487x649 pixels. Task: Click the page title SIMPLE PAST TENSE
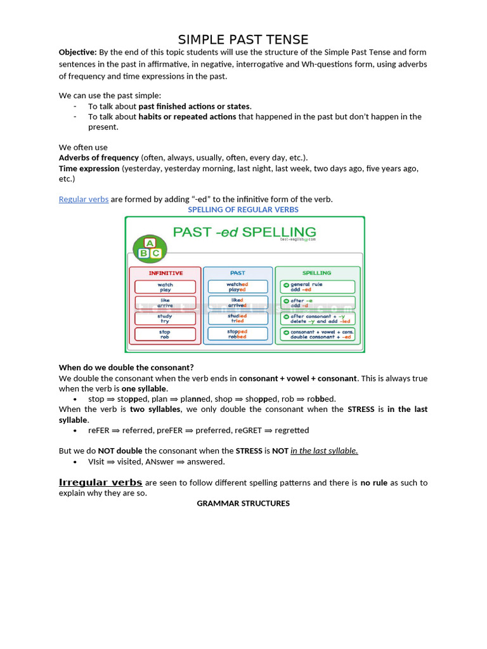(x=243, y=40)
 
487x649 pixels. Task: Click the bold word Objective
(x=77, y=52)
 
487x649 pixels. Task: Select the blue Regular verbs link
(x=84, y=199)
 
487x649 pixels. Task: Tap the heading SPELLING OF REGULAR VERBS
(x=243, y=209)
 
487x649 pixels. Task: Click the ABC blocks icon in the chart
(x=150, y=248)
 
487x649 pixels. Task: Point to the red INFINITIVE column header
(x=166, y=273)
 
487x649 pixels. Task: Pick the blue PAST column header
(x=238, y=273)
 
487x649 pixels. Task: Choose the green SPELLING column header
(x=316, y=273)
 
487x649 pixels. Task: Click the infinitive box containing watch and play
(x=166, y=287)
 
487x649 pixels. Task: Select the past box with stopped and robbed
(x=238, y=334)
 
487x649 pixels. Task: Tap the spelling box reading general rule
(x=317, y=287)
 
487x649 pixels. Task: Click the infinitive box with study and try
(x=166, y=318)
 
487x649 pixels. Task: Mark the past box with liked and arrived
(x=238, y=303)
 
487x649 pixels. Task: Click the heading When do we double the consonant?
(x=126, y=367)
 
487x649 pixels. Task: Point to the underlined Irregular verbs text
(x=100, y=482)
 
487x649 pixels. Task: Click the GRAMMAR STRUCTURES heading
(x=243, y=503)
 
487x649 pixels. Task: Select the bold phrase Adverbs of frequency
(x=99, y=157)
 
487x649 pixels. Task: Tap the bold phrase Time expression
(x=89, y=169)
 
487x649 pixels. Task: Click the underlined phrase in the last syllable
(x=324, y=451)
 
